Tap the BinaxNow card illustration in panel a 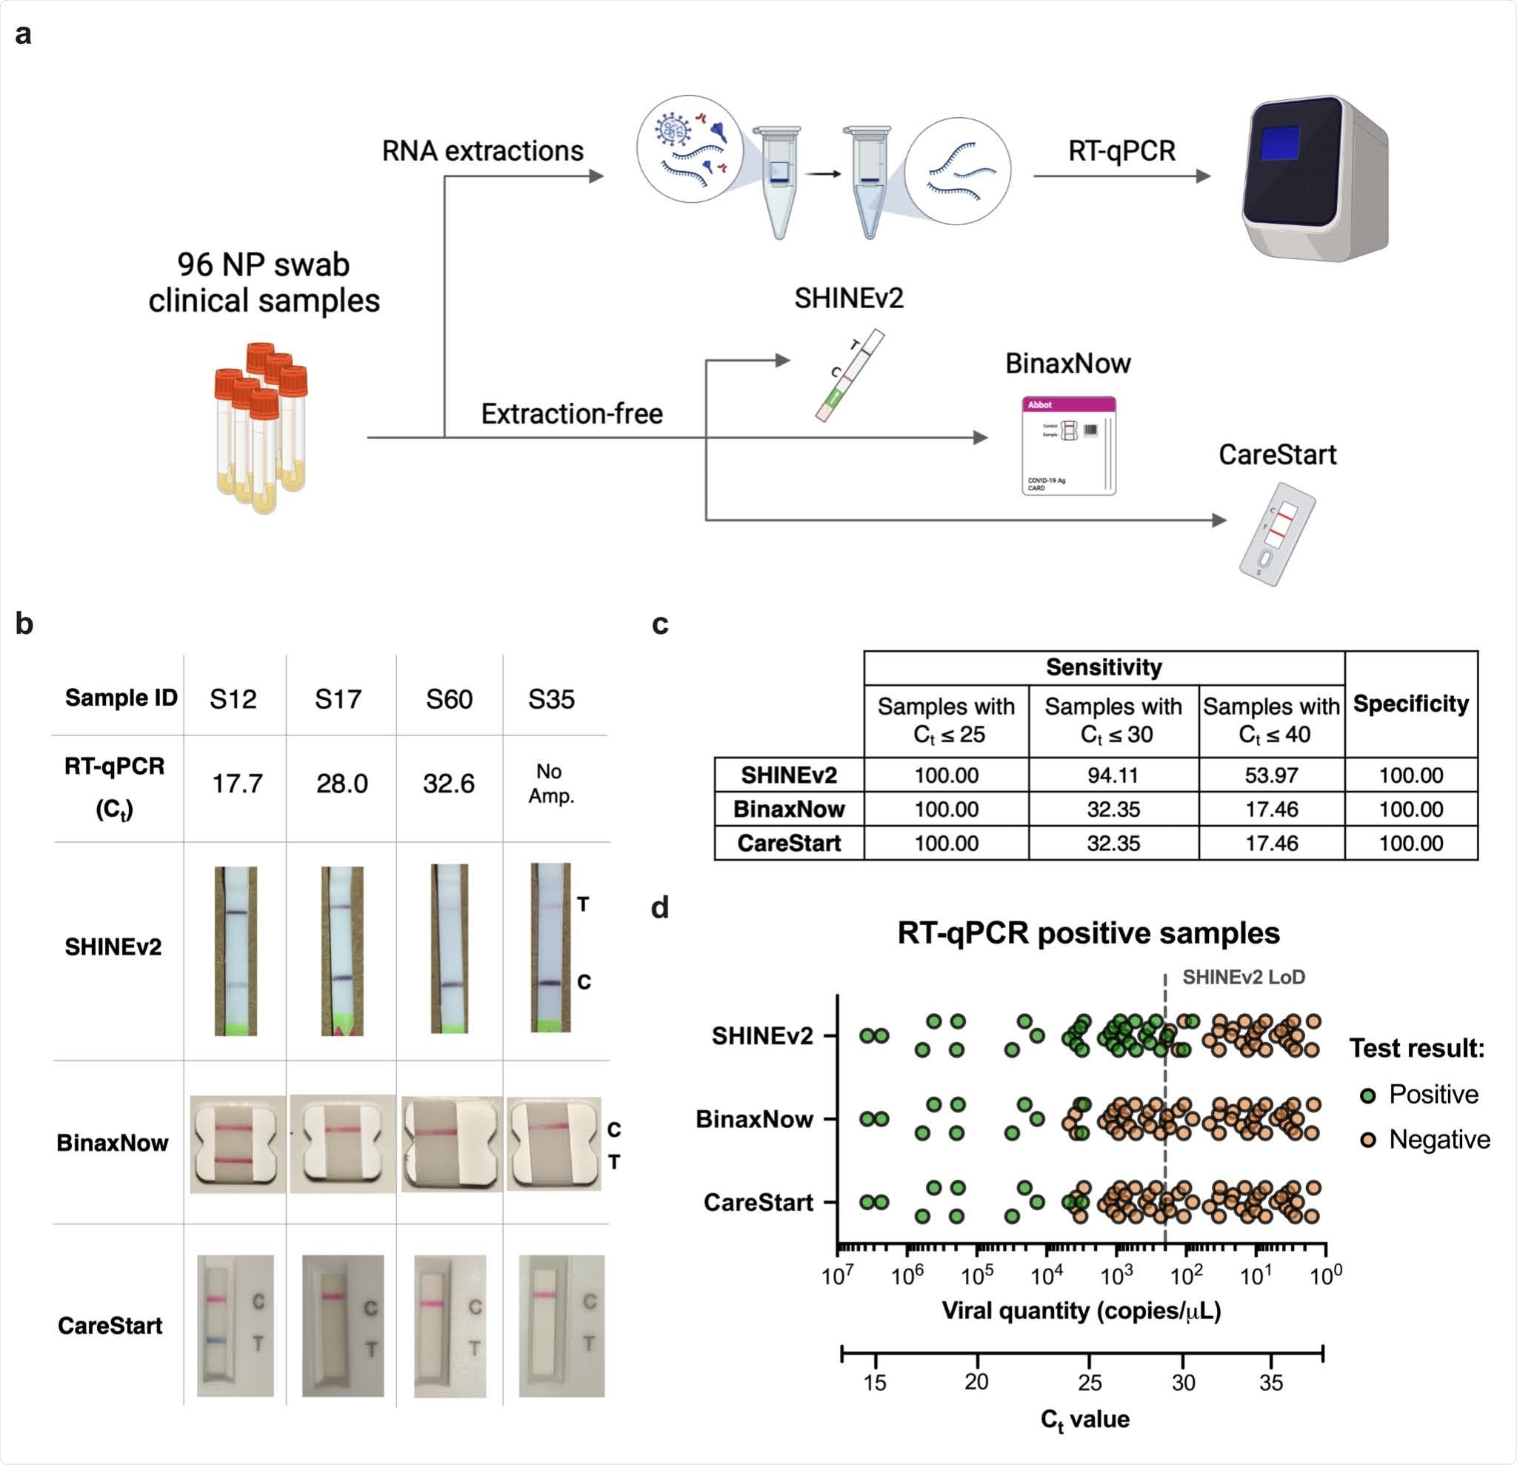pos(1069,446)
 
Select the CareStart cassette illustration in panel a pos(1276,534)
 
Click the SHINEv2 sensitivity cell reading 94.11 pos(1113,775)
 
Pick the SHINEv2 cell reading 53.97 pos(1271,775)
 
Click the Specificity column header pos(1410,704)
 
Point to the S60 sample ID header pos(449,699)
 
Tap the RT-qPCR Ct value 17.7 pos(237,783)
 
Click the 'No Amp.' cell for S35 pos(551,783)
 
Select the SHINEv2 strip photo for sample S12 pos(236,950)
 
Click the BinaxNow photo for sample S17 pos(342,1143)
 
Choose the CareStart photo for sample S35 pos(561,1325)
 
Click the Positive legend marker pos(1367,1095)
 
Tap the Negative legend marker pos(1367,1140)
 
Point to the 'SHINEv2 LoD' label pos(1243,978)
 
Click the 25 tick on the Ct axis pos(1089,1382)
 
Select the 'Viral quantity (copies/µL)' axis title pos(1081,1310)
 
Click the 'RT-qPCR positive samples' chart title pos(1088,933)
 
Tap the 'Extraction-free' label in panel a pos(572,414)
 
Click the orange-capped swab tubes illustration pos(261,427)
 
